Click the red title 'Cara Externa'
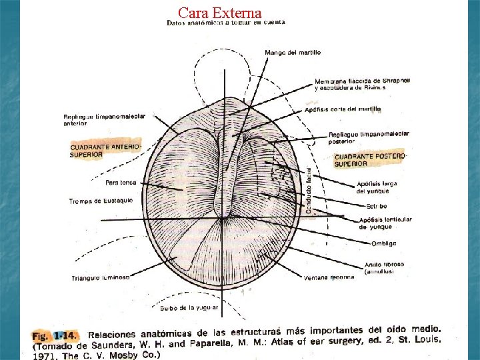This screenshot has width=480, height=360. tap(220, 13)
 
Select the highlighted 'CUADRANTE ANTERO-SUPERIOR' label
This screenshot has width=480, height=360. tap(106, 149)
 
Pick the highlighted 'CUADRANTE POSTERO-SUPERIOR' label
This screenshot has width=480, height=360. tap(370, 159)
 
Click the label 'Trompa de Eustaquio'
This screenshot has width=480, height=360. tap(101, 201)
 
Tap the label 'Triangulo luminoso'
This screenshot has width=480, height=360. tap(101, 277)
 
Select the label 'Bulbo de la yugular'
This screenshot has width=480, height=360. tap(189, 308)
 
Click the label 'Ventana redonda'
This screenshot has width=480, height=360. tap(329, 277)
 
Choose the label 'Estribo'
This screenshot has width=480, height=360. tap(376, 206)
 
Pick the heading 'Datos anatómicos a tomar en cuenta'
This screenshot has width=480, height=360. tap(225, 23)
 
